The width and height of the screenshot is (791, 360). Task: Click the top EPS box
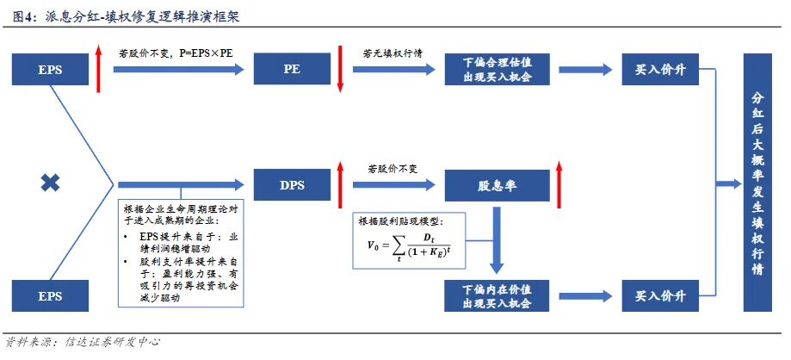click(x=50, y=68)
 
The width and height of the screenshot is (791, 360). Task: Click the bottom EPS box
click(x=50, y=295)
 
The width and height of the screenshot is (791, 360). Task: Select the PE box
click(x=291, y=68)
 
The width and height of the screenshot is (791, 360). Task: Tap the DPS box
click(x=291, y=183)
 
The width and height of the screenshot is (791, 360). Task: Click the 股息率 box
click(x=497, y=183)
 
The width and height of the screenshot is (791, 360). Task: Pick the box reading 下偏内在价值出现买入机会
click(x=497, y=295)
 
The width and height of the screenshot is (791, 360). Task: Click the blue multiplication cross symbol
click(x=50, y=182)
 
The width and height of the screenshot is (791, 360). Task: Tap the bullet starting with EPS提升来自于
click(x=184, y=241)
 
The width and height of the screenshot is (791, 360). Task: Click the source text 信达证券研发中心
click(x=112, y=342)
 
